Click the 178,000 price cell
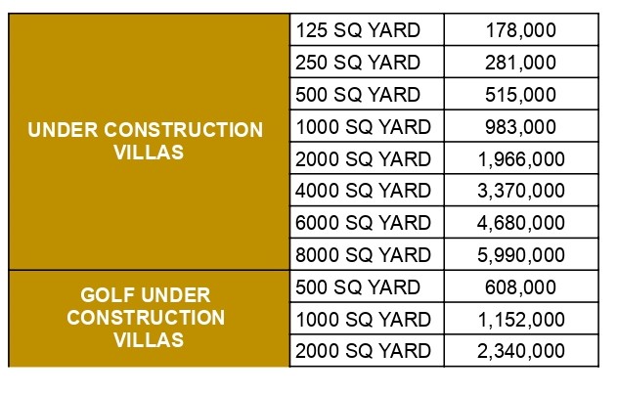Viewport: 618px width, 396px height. pyautogui.click(x=520, y=30)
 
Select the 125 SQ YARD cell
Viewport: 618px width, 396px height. pyautogui.click(x=357, y=30)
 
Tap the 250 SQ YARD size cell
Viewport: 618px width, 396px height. pyautogui.click(x=357, y=63)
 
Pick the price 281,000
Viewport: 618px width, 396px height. pyautogui.click(x=520, y=63)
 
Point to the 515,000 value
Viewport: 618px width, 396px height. pyautogui.click(x=520, y=95)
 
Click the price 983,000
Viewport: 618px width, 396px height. pyautogui.click(x=520, y=126)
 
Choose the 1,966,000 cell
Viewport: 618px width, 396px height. pyautogui.click(x=520, y=158)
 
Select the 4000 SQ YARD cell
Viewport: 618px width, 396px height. pyautogui.click(x=362, y=191)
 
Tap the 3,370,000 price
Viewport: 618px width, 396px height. pyautogui.click(x=520, y=191)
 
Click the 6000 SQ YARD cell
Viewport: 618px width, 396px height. pyautogui.click(x=362, y=223)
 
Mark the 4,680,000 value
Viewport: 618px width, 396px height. pyautogui.click(x=520, y=223)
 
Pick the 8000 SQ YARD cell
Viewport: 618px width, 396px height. pyautogui.click(x=362, y=255)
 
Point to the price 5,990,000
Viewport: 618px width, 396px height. pyautogui.click(x=520, y=255)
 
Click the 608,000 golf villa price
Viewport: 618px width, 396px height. pyautogui.click(x=520, y=287)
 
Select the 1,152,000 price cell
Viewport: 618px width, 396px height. pyautogui.click(x=520, y=319)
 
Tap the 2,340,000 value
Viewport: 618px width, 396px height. pyautogui.click(x=520, y=351)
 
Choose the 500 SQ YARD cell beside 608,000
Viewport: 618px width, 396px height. pyautogui.click(x=357, y=287)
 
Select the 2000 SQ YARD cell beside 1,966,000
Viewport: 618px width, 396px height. pyautogui.click(x=362, y=158)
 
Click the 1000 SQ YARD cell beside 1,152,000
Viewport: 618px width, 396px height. pyautogui.click(x=362, y=319)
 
